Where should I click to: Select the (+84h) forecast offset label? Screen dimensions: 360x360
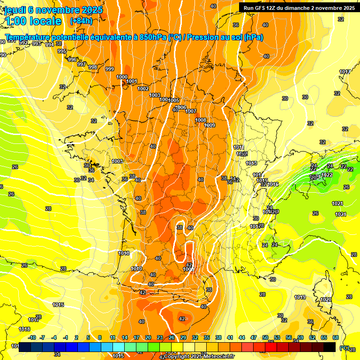(x=81, y=21)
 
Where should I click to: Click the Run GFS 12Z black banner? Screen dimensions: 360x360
(x=299, y=7)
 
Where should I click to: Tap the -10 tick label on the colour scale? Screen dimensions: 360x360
(x=32, y=337)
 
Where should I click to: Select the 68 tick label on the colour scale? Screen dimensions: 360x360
(x=336, y=337)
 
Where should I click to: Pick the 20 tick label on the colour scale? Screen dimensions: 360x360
(x=148, y=337)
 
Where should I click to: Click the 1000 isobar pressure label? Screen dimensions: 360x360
(x=122, y=77)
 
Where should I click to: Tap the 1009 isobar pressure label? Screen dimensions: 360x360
(x=210, y=125)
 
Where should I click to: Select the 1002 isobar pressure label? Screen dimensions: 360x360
(x=143, y=89)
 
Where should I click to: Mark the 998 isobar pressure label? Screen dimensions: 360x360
(x=93, y=67)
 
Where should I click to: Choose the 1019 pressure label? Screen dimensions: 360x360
(x=300, y=298)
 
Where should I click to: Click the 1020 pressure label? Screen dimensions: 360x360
(x=326, y=300)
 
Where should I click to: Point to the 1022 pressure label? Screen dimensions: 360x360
(x=327, y=175)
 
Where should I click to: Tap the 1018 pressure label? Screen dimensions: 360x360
(x=24, y=330)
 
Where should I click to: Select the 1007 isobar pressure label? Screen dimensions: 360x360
(x=191, y=111)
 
